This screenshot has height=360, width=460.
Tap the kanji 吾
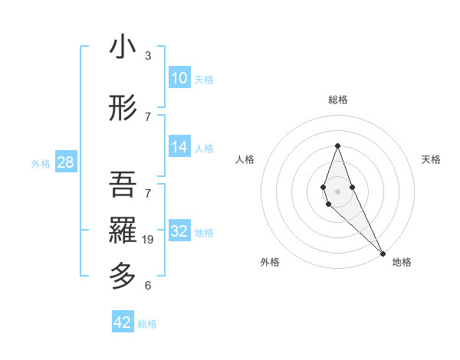click(123, 184)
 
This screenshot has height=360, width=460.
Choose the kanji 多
click(123, 275)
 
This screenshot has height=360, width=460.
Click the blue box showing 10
click(179, 78)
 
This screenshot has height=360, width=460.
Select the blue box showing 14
click(179, 147)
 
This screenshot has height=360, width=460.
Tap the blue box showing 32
click(179, 231)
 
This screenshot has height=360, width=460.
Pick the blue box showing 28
click(65, 162)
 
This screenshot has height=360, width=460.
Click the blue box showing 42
click(123, 322)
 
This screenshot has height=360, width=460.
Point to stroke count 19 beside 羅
click(149, 240)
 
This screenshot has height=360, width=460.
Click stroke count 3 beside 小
click(148, 56)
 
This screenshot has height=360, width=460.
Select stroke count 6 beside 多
click(148, 286)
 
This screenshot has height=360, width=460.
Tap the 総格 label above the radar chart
click(337, 100)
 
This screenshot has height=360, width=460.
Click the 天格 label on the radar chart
click(431, 159)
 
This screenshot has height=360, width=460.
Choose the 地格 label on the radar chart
click(402, 262)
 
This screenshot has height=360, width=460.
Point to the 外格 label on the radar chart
click(270, 262)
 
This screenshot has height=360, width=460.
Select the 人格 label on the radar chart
click(245, 159)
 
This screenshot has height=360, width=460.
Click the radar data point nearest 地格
click(383, 253)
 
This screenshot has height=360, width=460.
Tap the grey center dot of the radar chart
click(337, 191)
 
